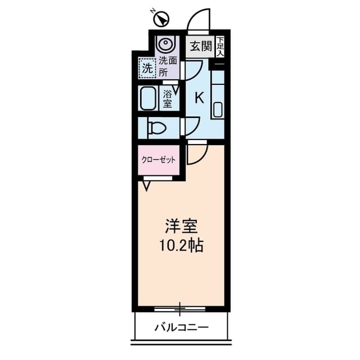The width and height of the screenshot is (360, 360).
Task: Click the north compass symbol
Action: [161, 19]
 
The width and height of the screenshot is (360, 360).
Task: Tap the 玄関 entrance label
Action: [200, 47]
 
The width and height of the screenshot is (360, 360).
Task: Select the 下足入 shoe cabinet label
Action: [220, 47]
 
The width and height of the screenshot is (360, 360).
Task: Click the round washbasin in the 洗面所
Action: [165, 43]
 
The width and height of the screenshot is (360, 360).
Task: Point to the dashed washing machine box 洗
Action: [147, 68]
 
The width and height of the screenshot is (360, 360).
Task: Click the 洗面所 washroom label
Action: [168, 67]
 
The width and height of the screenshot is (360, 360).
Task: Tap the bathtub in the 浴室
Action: [147, 98]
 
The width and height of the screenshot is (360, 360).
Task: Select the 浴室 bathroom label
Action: [168, 99]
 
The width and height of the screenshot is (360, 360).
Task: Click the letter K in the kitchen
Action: [199, 97]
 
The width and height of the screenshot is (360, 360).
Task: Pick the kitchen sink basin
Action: [218, 110]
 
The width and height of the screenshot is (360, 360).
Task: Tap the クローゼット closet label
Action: [159, 160]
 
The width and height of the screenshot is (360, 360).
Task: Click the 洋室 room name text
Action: [181, 226]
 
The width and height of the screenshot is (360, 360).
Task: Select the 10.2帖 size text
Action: [181, 245]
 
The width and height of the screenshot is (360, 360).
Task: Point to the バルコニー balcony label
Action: [181, 327]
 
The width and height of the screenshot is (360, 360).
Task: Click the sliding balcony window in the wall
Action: [180, 309]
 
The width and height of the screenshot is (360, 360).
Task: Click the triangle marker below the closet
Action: [146, 186]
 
